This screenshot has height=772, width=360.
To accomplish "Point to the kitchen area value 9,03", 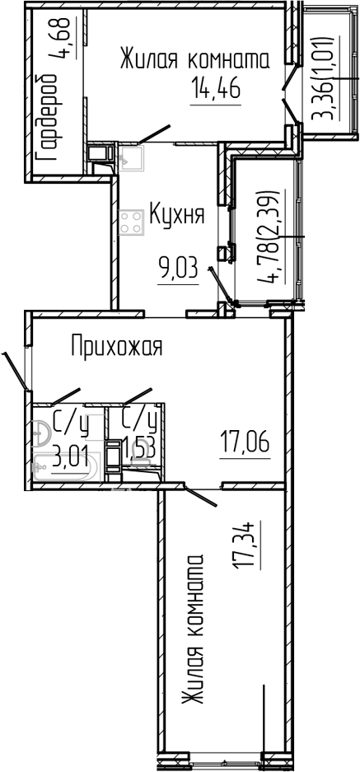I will coord(179,268).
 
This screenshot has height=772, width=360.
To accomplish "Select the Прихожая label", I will coord(116,347).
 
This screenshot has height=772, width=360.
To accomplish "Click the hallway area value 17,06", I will coord(245,446).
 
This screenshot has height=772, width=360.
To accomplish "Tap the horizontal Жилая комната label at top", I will coord(195,60).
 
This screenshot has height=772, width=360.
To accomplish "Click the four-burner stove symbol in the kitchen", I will coord(130,221).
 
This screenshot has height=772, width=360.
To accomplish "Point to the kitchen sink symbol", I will coord(131,157).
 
